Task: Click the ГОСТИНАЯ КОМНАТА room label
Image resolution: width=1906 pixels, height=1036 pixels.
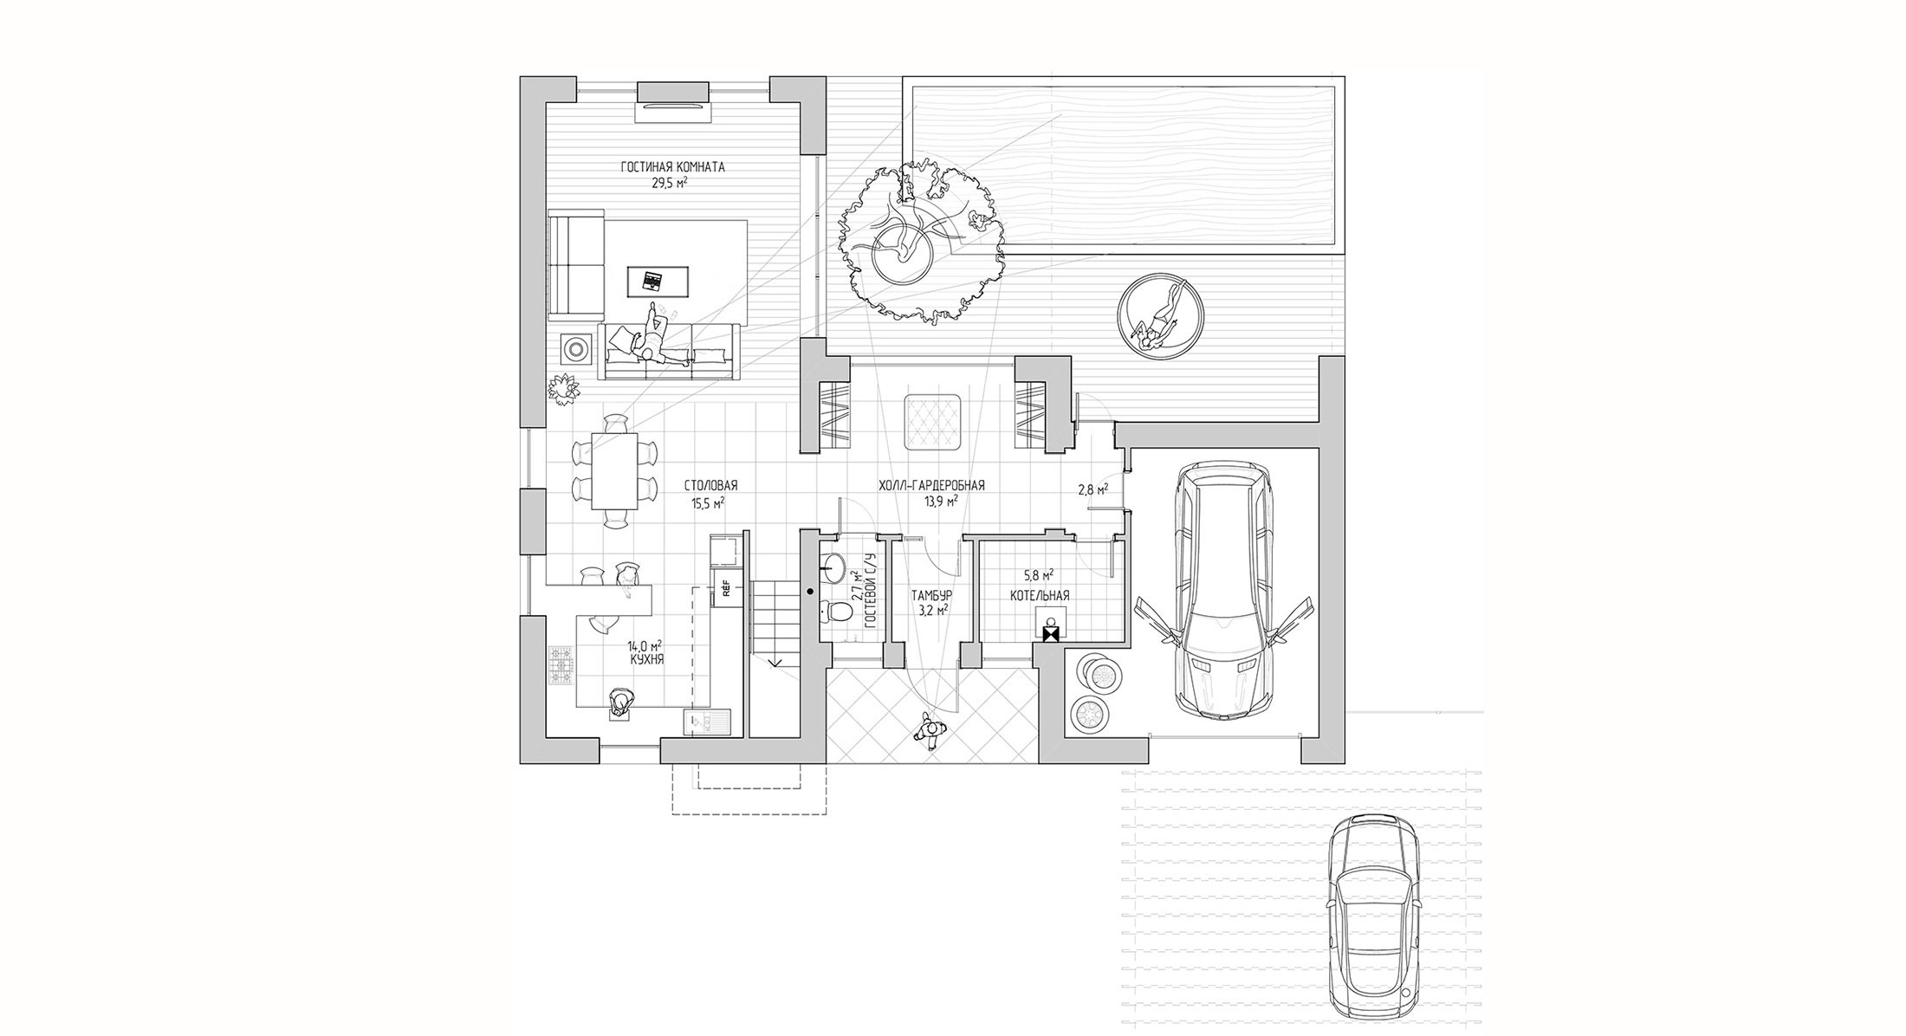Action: tap(672, 167)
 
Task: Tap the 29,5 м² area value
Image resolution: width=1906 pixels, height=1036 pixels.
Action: tap(671, 183)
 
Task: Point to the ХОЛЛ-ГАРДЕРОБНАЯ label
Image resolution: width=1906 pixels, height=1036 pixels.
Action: tap(932, 486)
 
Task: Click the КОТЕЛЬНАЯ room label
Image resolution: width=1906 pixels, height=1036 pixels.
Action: tap(1040, 596)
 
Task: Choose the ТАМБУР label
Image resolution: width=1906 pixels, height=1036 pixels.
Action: tap(931, 596)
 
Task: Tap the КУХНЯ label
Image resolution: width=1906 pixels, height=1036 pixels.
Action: tap(646, 659)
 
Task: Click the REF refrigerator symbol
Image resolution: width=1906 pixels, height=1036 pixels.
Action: tap(723, 592)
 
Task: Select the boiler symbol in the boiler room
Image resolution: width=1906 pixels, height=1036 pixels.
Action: tap(1051, 629)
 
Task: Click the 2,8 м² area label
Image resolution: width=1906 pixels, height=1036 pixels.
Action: tap(1092, 489)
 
